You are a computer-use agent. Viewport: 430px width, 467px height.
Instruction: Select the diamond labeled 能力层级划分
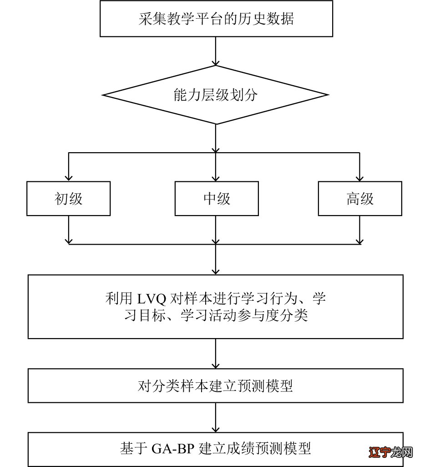click(x=215, y=95)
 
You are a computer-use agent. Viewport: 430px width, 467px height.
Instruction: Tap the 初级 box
click(x=68, y=199)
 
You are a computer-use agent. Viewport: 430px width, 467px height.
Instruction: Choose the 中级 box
click(x=217, y=199)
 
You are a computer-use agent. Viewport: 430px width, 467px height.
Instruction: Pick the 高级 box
click(x=359, y=199)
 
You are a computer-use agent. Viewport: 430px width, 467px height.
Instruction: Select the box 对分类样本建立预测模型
click(x=215, y=386)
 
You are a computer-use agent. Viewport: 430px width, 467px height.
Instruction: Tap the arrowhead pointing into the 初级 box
click(x=68, y=177)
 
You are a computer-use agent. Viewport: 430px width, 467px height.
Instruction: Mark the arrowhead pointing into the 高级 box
click(x=359, y=177)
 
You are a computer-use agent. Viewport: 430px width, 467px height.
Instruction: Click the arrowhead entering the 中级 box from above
click(x=216, y=177)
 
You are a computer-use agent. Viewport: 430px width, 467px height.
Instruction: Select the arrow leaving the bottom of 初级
click(x=68, y=230)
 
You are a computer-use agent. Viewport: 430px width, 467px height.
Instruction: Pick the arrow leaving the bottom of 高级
click(x=359, y=230)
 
